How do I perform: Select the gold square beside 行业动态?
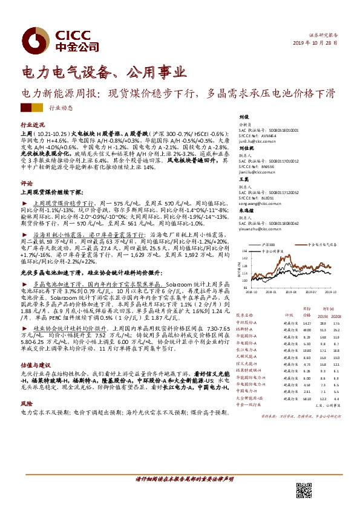pos(37,108)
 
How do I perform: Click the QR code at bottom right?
pos(302,490)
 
